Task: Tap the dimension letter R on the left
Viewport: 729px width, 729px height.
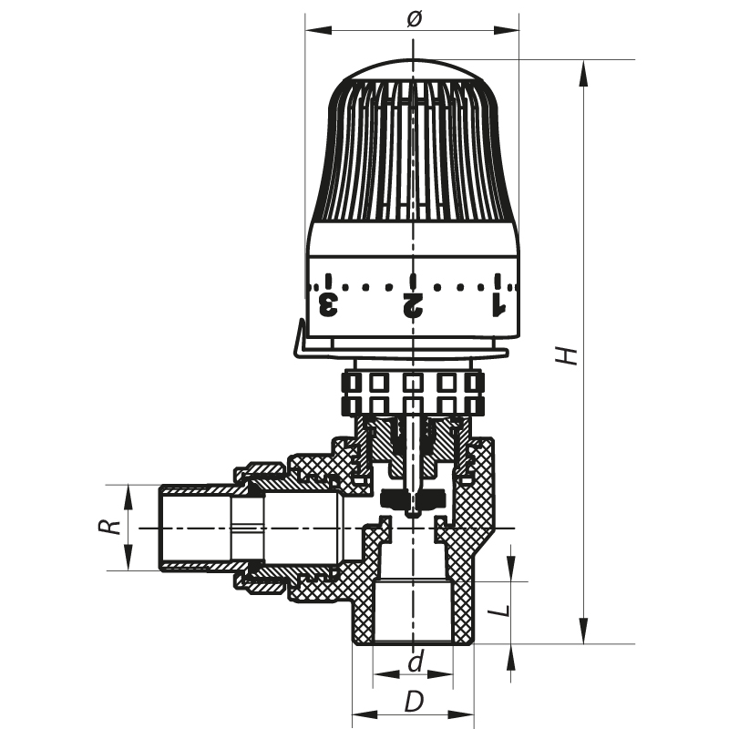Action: (x=110, y=528)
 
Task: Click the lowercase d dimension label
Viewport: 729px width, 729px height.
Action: (x=415, y=662)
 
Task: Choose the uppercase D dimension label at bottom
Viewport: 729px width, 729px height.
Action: (x=415, y=702)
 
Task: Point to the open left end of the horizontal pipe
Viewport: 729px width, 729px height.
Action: (x=162, y=528)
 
